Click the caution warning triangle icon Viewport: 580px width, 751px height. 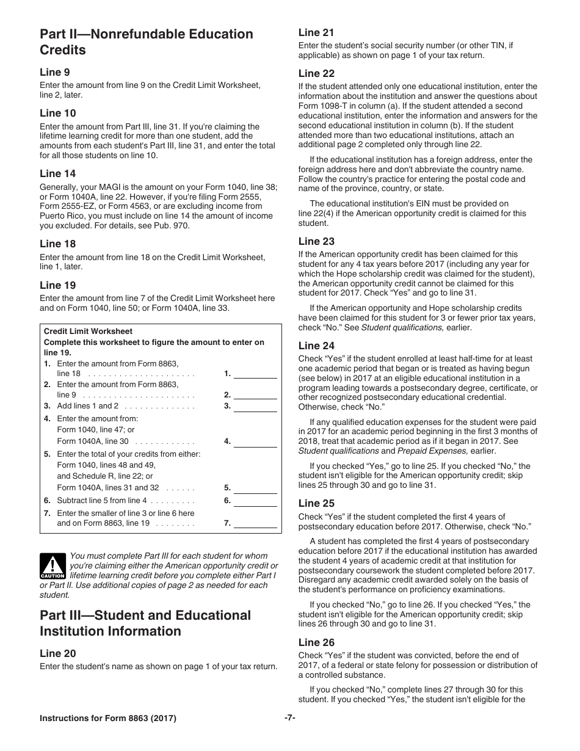[x=53, y=567]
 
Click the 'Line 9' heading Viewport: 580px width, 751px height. [x=55, y=72]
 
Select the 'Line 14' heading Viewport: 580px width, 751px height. [x=58, y=173]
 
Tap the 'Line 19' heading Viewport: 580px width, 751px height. [x=58, y=285]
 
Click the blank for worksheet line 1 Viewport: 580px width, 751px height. [x=255, y=374]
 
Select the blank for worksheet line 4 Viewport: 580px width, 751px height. [x=255, y=441]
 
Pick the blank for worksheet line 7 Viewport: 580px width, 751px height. [x=255, y=523]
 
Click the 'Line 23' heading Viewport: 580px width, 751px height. [x=316, y=241]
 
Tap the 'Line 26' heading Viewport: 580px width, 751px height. [x=316, y=642]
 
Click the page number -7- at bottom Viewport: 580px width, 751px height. [x=290, y=719]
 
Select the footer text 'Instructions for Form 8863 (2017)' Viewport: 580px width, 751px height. [x=108, y=719]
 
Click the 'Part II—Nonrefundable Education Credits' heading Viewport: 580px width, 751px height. [x=147, y=42]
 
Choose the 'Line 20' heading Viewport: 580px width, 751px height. [x=58, y=653]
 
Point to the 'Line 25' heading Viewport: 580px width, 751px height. [x=316, y=503]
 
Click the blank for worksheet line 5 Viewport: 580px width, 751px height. [x=255, y=488]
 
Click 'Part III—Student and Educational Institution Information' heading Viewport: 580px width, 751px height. [x=145, y=623]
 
